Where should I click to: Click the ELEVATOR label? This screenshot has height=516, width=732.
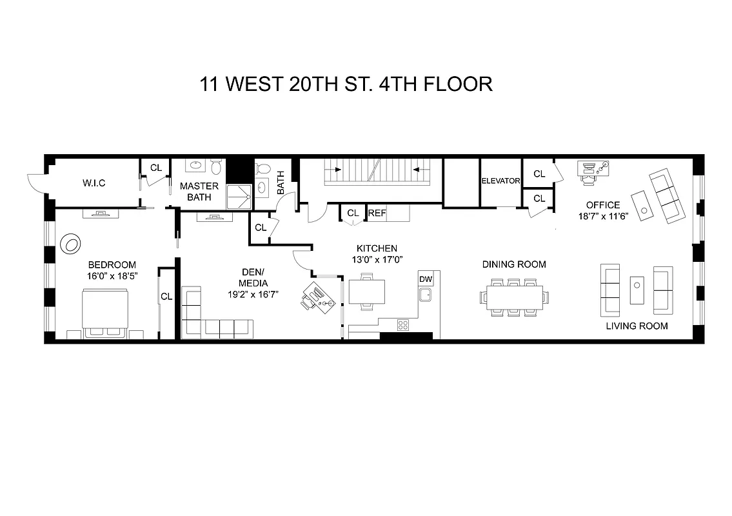500,181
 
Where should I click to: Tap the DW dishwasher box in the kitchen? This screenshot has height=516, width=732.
425,279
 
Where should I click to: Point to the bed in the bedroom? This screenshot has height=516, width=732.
106,313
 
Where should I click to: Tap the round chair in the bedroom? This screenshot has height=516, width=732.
70,244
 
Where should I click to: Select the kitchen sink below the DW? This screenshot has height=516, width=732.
425,295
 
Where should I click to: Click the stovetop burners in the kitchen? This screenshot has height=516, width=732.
404,324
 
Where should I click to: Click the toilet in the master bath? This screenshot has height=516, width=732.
216,167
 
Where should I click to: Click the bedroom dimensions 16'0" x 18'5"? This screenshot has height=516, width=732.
112,275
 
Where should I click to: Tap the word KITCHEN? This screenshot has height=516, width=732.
377,248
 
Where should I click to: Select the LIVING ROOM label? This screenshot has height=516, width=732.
637,326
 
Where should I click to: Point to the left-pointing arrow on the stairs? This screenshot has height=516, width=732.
416,170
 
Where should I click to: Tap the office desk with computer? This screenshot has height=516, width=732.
591,172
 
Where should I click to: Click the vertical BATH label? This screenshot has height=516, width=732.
281,183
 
